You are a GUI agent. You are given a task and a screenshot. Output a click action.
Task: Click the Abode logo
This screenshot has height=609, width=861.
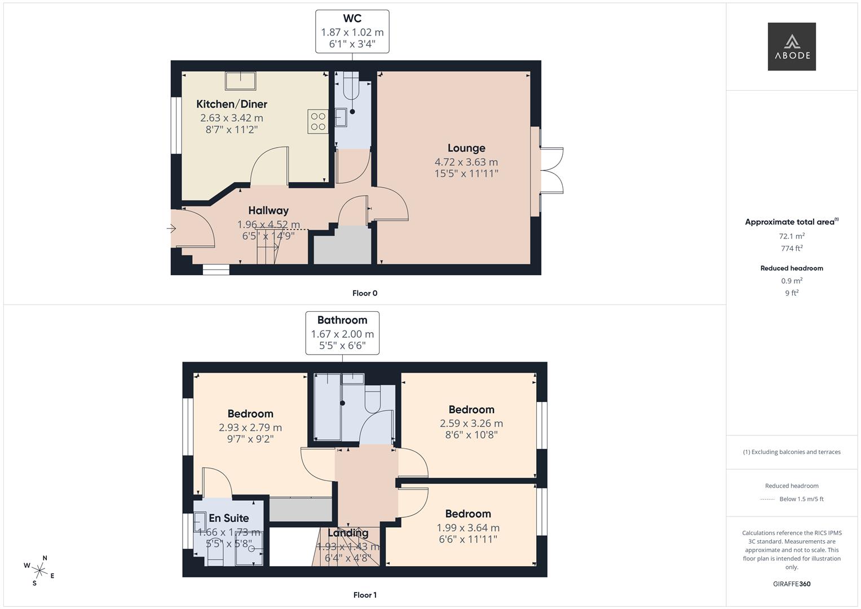pyautogui.click(x=792, y=46)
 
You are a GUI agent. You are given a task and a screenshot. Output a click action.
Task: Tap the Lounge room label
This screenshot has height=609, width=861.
pyautogui.click(x=466, y=148)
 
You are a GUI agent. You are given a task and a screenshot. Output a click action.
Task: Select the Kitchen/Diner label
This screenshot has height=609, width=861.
pyautogui.click(x=232, y=104)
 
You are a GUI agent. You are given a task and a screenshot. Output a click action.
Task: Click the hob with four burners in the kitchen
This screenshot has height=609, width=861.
pyautogui.click(x=318, y=121)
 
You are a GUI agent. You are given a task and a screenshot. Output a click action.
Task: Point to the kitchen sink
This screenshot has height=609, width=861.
pyautogui.click(x=240, y=81)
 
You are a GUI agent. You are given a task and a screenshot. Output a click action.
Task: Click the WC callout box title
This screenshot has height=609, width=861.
pyautogui.click(x=352, y=19)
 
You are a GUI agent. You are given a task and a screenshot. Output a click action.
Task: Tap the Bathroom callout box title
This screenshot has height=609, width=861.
pyautogui.click(x=342, y=320)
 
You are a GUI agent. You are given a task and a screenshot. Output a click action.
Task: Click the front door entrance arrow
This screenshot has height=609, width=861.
pyautogui.click(x=172, y=228)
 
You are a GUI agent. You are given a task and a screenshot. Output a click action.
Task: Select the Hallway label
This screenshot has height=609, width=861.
pyautogui.click(x=268, y=210)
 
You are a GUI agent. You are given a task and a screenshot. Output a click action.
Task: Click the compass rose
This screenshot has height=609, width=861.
pyautogui.click(x=39, y=570)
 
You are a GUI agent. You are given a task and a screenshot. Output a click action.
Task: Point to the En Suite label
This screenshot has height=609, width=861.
pyautogui.click(x=229, y=518)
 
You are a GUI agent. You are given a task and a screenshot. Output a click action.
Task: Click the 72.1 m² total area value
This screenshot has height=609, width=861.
pyautogui.click(x=792, y=236)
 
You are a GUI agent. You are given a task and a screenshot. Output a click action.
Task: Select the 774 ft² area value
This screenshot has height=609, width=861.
pyautogui.click(x=792, y=248)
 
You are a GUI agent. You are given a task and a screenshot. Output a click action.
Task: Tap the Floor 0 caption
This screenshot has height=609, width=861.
pyautogui.click(x=365, y=293)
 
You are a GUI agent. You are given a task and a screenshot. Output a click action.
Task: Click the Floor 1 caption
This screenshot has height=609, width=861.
pyautogui.click(x=365, y=595)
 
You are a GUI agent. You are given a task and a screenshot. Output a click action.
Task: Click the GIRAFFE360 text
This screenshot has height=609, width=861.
pyautogui.click(x=792, y=584)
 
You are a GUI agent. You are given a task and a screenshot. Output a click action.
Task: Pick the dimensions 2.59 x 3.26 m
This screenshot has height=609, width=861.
pyautogui.click(x=471, y=423)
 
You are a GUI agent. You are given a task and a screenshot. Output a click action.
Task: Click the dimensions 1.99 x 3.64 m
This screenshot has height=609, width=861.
pyautogui.click(x=468, y=528)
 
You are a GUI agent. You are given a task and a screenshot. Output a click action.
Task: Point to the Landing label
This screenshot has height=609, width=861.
pyautogui.click(x=348, y=533)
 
